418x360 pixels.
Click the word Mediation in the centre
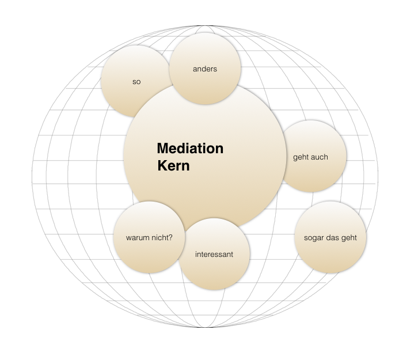click(190, 149)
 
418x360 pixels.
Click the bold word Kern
click(173, 166)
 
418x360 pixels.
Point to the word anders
click(205, 69)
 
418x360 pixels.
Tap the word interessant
click(214, 254)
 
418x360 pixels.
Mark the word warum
click(137, 237)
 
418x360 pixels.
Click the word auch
click(320, 157)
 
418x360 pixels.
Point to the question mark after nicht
click(170, 237)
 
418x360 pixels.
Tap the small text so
click(136, 82)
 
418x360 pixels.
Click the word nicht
click(159, 237)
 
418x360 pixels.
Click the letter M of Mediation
click(162, 149)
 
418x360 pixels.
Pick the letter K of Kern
click(162, 166)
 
